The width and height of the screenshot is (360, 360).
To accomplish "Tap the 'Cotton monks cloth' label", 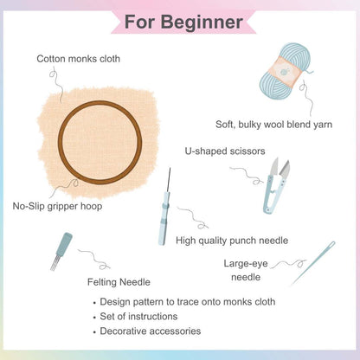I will click(78, 59).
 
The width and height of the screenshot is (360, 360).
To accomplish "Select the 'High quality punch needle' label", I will click(231, 241).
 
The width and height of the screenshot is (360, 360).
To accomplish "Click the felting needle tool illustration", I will click(62, 249).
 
